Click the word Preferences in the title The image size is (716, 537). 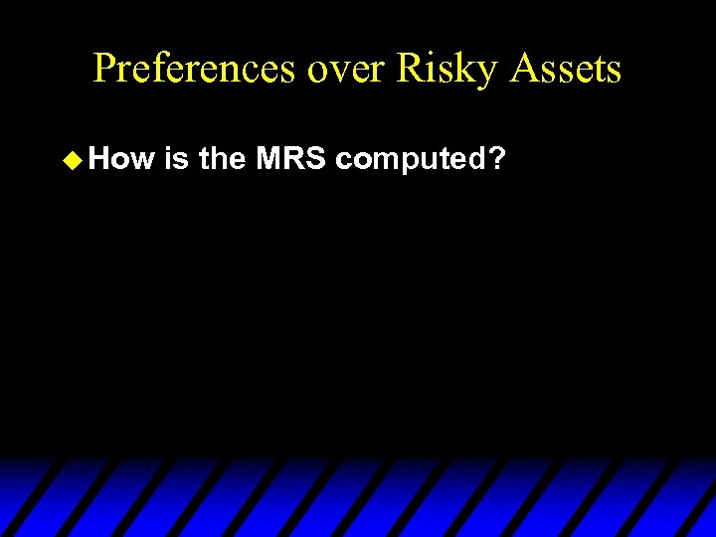pyautogui.click(x=193, y=69)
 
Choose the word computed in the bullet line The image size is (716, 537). pyautogui.click(x=409, y=158)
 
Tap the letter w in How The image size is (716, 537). pyautogui.click(x=146, y=158)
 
